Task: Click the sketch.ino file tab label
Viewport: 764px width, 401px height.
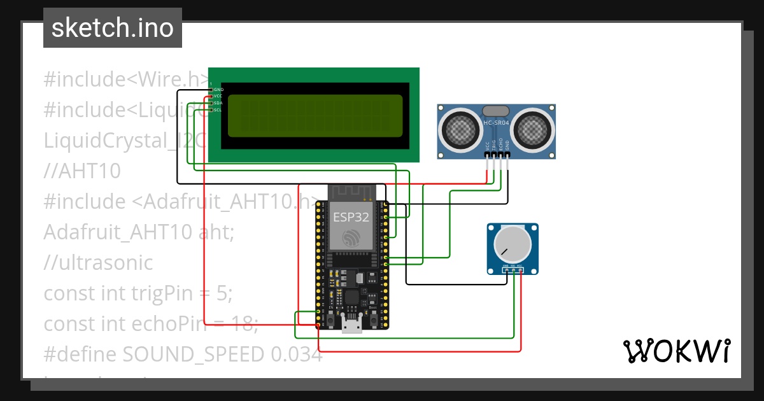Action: [112, 28]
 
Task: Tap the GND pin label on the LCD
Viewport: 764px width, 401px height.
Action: [218, 90]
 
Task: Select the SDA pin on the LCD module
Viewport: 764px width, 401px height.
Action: [218, 103]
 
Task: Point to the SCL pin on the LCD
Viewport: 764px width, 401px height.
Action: [218, 110]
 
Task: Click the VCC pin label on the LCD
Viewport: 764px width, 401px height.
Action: [218, 96]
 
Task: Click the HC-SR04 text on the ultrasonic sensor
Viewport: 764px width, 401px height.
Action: [496, 122]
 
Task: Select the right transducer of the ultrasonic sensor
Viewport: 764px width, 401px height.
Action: [532, 130]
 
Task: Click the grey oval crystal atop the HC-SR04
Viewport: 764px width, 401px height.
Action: [496, 111]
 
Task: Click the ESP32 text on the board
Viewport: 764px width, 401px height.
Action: [351, 217]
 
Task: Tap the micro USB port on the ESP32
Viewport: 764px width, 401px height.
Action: [351, 325]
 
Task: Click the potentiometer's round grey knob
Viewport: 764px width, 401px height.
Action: [513, 244]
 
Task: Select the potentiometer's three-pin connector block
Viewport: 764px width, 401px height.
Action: [513, 270]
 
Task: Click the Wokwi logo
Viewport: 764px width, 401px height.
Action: [676, 351]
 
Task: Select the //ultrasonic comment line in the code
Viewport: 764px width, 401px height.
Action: [98, 263]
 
